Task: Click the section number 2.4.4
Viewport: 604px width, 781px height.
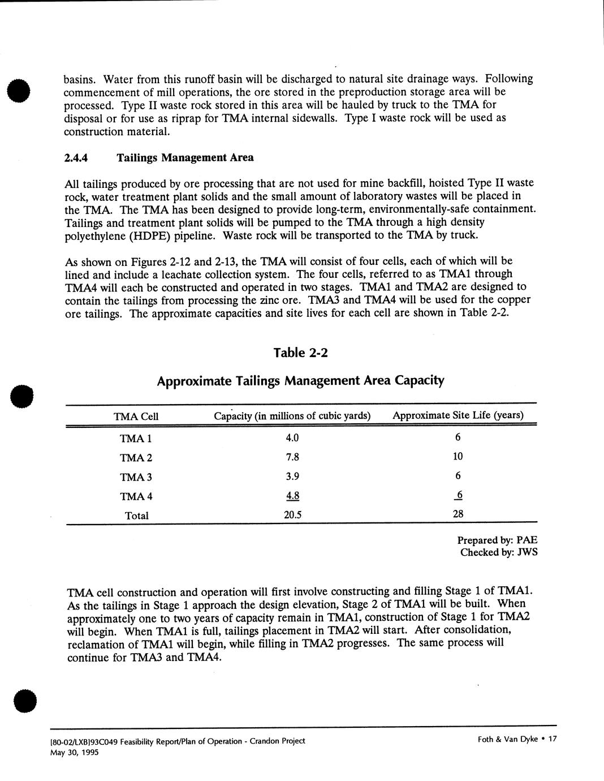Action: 75,158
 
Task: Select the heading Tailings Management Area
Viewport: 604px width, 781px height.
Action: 185,158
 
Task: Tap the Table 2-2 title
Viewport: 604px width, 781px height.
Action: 300,353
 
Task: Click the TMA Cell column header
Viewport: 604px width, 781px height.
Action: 136,417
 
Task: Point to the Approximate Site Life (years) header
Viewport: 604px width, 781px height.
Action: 458,415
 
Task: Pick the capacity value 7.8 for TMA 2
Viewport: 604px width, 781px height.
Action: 292,457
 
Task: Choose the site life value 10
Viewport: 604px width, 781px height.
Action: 458,456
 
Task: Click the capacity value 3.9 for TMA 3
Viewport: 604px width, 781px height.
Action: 292,476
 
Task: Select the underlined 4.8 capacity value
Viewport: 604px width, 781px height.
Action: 292,496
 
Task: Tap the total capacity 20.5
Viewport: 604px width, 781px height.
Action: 292,515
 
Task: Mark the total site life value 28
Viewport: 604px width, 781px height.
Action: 458,514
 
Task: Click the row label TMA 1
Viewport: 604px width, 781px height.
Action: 136,438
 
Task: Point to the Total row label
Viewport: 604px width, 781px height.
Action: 136,516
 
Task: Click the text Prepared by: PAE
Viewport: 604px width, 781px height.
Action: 497,540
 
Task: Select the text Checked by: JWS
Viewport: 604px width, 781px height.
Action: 498,552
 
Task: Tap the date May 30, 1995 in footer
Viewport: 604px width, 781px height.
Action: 74,752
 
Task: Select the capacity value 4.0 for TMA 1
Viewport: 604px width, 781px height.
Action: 292,437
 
